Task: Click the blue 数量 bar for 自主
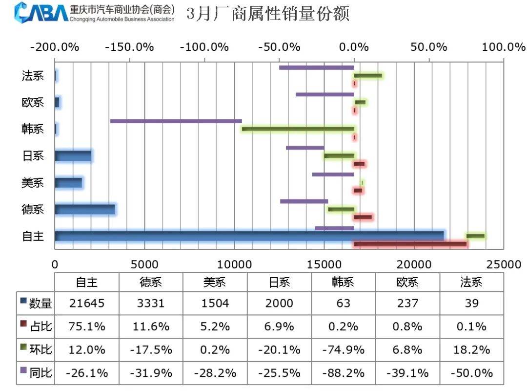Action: click(249, 236)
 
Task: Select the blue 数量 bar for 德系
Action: click(85, 209)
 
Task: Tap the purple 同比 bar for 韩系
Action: click(176, 121)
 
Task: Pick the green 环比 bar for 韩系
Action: click(298, 129)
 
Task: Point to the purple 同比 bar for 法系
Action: click(317, 67)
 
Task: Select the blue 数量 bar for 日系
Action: click(73, 156)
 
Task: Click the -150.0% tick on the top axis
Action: click(129, 47)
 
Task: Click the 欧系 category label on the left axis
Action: click(33, 103)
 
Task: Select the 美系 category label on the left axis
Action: click(33, 183)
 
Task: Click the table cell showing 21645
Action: click(86, 303)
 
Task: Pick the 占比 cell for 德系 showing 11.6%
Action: click(150, 327)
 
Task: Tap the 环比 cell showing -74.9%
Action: click(343, 350)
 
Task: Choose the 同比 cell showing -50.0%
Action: click(471, 373)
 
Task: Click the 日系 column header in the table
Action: click(279, 282)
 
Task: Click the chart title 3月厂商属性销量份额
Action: click(268, 14)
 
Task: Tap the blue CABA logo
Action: click(42, 12)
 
